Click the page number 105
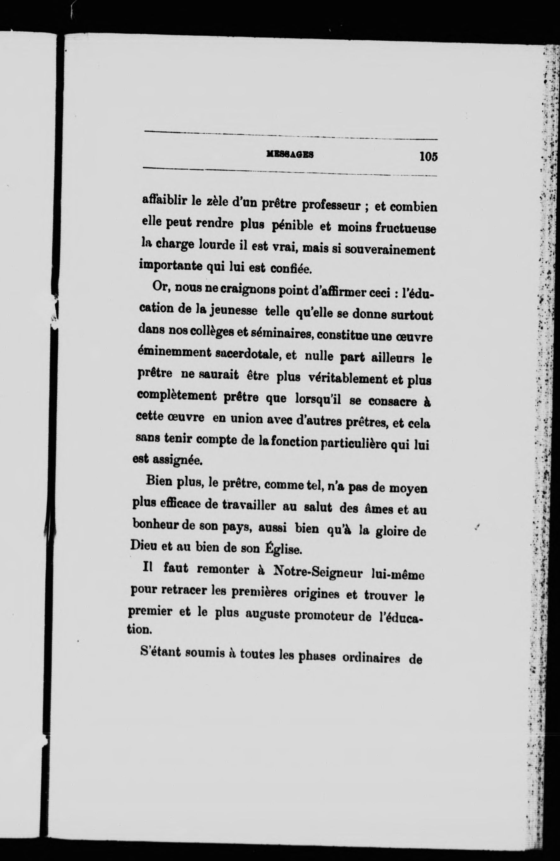tap(428, 157)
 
